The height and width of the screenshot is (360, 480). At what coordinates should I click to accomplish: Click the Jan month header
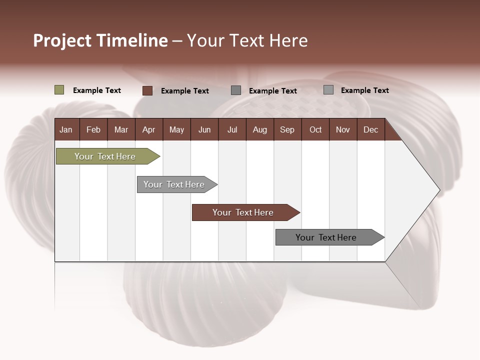(66, 130)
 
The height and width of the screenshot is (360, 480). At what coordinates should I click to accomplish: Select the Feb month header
(93, 130)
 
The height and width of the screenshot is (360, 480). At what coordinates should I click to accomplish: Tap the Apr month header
(148, 130)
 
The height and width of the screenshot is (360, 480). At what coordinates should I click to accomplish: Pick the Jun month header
(204, 130)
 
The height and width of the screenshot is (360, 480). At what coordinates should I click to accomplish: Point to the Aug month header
(259, 130)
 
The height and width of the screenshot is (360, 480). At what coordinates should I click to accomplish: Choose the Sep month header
(287, 130)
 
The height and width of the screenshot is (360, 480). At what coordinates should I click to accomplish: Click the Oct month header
(315, 130)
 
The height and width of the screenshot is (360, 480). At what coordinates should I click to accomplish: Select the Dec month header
(370, 130)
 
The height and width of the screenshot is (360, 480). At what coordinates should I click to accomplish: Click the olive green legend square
(59, 90)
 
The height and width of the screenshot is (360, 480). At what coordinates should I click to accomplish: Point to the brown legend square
(147, 90)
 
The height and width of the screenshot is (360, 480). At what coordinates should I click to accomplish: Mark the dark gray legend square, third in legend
(236, 90)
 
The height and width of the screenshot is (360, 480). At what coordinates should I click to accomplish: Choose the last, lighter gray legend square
(328, 90)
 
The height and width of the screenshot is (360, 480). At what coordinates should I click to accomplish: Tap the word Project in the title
(62, 40)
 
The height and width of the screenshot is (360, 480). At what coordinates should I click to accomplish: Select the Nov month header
(343, 130)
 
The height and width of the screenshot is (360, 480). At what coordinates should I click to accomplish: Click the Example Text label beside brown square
(185, 91)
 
